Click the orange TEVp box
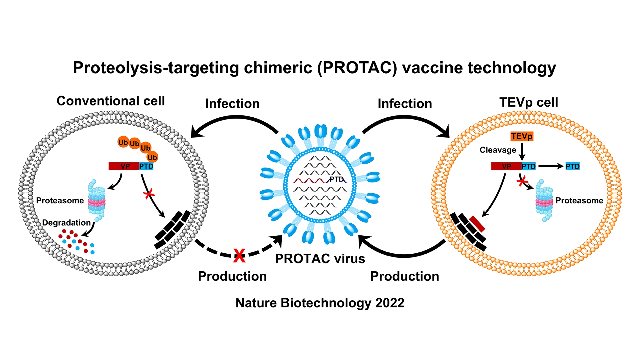(522, 136)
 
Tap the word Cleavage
(498, 150)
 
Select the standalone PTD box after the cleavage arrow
(572, 166)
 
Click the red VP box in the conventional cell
(124, 166)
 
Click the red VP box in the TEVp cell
(506, 166)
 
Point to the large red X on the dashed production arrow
(239, 256)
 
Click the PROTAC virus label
(320, 259)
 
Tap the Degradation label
(66, 223)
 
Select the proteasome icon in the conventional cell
(96, 200)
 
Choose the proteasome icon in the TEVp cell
(544, 200)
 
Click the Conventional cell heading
(111, 101)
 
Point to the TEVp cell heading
(529, 102)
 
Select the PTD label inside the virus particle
(337, 179)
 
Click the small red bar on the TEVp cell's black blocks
(477, 224)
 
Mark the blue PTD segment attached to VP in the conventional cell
(146, 166)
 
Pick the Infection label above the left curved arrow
(232, 104)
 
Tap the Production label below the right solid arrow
(405, 276)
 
